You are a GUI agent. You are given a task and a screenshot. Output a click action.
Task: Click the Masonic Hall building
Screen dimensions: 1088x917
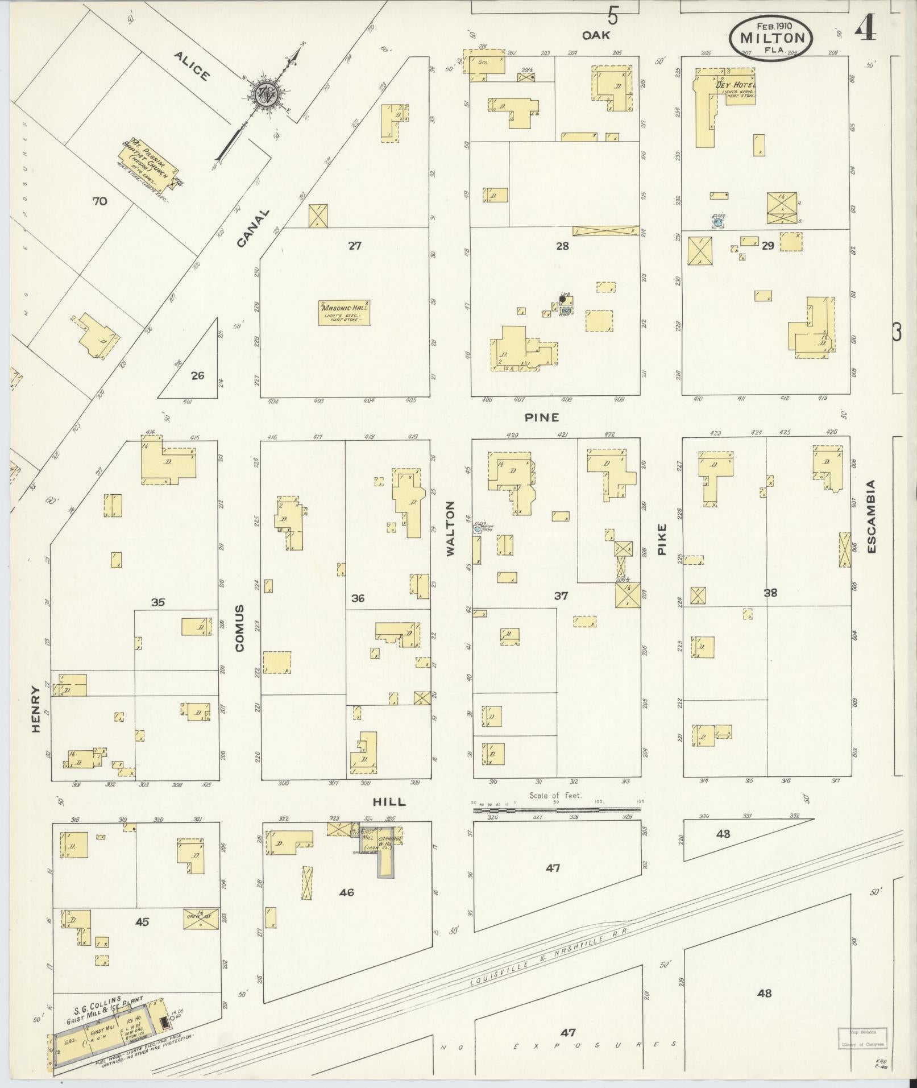click(344, 313)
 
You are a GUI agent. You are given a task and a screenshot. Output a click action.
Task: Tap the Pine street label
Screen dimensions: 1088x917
click(541, 417)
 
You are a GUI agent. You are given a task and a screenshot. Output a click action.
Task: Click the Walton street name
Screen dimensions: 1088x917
click(451, 528)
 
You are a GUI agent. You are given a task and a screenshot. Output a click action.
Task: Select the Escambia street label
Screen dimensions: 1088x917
click(872, 516)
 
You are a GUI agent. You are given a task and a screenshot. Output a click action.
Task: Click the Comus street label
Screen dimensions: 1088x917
click(239, 627)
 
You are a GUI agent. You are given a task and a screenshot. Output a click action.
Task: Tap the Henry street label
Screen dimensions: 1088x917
click(36, 709)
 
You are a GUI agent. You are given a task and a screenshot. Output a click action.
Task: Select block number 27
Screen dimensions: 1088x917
click(355, 246)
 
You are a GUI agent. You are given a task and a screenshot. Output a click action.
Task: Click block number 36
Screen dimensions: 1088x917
click(358, 598)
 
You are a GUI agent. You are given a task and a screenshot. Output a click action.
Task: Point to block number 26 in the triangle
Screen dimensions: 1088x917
click(197, 375)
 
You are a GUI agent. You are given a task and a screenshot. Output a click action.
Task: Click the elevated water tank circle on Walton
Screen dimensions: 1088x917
click(476, 528)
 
